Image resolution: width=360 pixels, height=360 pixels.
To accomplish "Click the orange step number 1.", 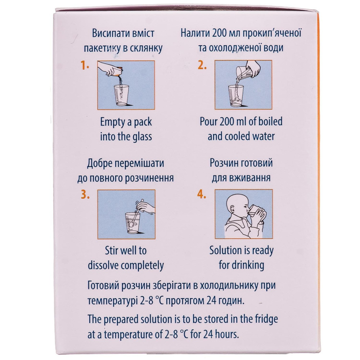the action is pos(85,66).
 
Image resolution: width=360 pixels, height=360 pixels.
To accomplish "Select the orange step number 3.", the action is pos(85,195).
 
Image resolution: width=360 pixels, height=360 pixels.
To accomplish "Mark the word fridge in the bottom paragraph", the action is pos(266,320).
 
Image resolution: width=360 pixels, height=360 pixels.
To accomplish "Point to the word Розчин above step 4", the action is pos(224,163).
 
